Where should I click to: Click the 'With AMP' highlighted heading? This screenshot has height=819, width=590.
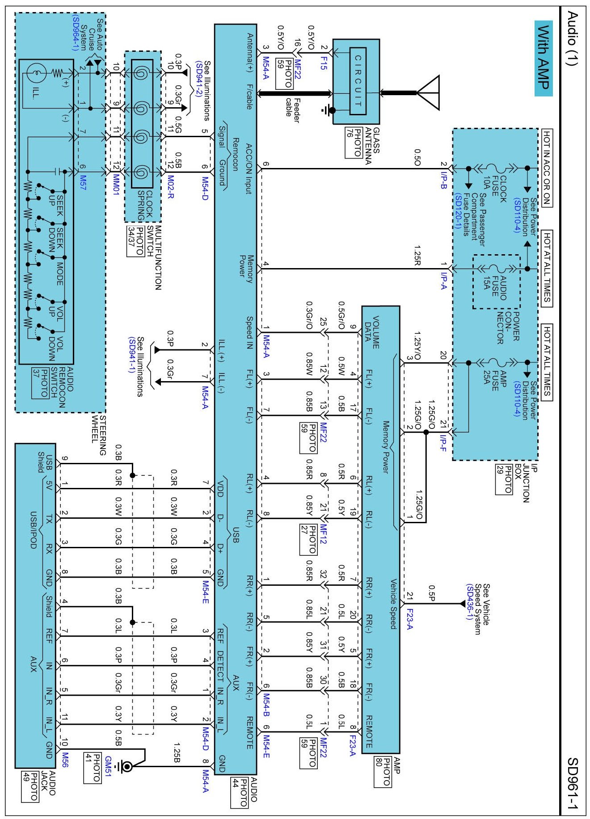click(544, 58)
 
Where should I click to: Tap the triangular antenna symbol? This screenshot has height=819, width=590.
click(429, 92)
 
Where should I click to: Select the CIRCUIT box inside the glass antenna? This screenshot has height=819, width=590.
click(358, 80)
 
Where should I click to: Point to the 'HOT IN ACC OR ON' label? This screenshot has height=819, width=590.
click(546, 168)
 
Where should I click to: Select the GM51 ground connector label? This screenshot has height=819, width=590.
click(107, 766)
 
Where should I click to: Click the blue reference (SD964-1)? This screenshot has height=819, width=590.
click(75, 33)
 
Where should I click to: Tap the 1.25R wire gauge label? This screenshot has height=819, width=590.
click(417, 255)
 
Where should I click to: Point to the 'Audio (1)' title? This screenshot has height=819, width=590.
click(573, 39)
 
